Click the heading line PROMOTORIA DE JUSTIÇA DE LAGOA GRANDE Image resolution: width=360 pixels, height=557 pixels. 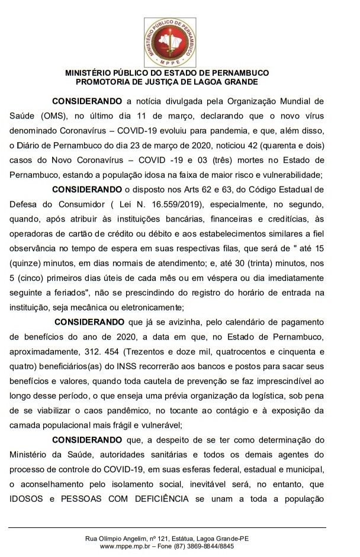175,82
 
